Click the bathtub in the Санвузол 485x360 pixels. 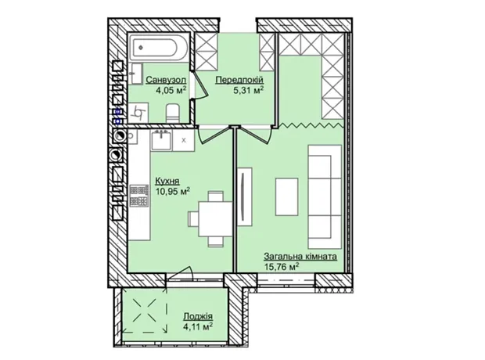158,48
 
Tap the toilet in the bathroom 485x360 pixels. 173,113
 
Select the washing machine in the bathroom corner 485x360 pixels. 138,113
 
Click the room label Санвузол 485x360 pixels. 166,80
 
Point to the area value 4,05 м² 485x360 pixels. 171,90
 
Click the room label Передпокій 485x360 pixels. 239,80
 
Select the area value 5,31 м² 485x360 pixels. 249,90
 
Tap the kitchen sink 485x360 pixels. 161,140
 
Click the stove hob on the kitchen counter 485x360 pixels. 139,196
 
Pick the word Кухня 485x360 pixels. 167,181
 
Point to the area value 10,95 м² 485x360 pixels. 172,191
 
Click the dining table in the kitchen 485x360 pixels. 215,219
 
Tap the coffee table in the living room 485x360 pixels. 287,197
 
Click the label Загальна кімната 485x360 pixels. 300,256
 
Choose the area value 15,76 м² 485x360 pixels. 282,267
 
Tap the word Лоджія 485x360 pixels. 198,316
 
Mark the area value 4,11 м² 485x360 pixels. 198,326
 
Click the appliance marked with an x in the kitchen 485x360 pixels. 183,140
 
